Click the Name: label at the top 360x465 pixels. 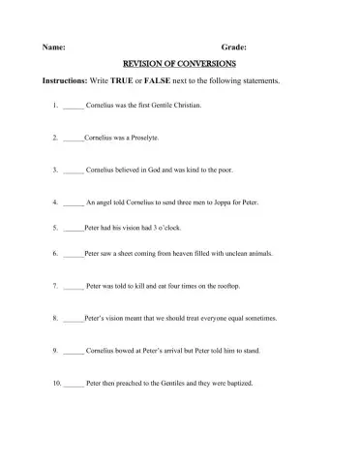pos(54,46)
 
